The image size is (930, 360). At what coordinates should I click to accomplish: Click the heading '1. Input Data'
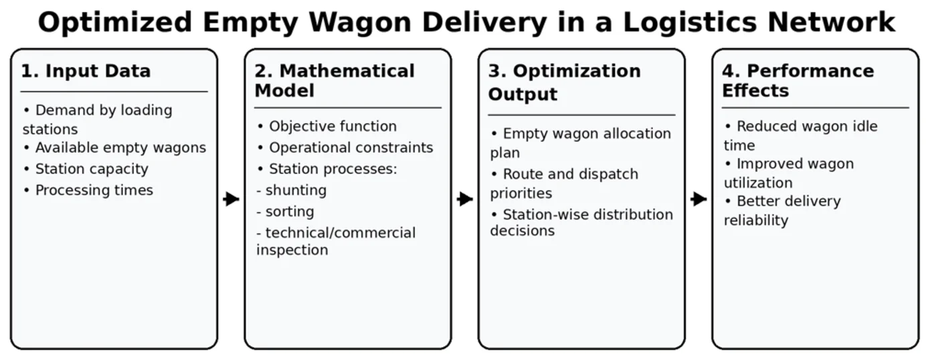click(86, 71)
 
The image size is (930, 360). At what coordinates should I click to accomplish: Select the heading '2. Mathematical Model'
click(335, 80)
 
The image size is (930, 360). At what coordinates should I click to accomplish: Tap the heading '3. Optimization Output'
click(564, 82)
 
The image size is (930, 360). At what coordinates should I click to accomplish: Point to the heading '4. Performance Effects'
click(798, 80)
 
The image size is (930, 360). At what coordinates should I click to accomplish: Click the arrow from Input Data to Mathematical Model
click(231, 199)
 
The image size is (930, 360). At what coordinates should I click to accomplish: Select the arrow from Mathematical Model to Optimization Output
click(465, 199)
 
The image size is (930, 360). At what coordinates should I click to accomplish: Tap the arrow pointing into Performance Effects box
click(699, 199)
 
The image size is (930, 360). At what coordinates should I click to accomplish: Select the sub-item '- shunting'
click(292, 191)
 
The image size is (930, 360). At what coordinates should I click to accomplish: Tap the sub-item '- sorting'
click(285, 212)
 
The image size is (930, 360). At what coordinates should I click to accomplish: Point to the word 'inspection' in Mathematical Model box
click(292, 250)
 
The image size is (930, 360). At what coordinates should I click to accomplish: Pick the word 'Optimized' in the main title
click(114, 23)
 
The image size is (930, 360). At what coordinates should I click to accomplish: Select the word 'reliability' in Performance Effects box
click(756, 221)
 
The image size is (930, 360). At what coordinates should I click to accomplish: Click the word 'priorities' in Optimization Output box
click(521, 193)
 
